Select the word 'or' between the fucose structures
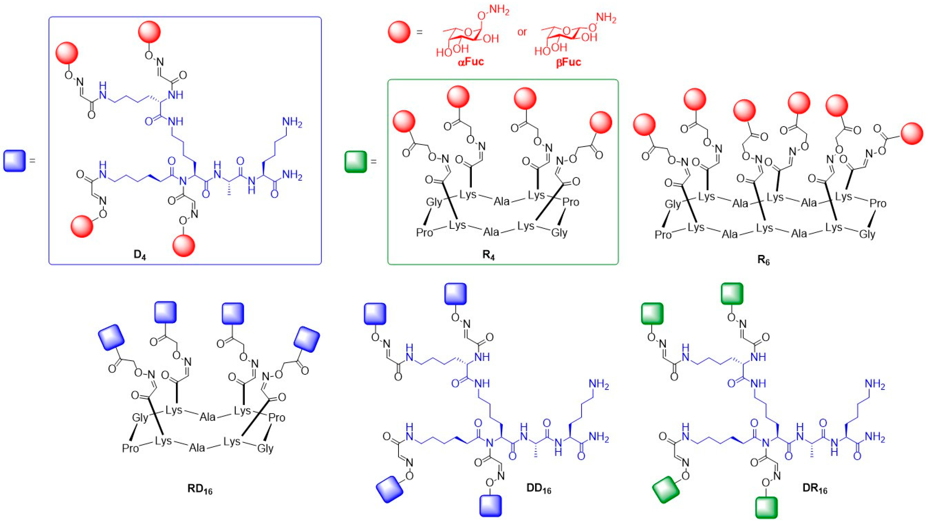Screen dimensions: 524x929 click(522, 32)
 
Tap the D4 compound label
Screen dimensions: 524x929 click(140, 255)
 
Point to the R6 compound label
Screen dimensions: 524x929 click(764, 260)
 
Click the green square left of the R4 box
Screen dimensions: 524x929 click(355, 162)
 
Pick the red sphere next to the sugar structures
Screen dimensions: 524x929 click(399, 32)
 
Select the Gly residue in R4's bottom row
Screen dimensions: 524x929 click(559, 233)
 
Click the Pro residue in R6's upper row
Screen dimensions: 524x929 click(877, 203)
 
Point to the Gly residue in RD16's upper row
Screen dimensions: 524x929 click(140, 418)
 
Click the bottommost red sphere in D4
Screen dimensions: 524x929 click(184, 246)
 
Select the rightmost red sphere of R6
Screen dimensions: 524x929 click(912, 133)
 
